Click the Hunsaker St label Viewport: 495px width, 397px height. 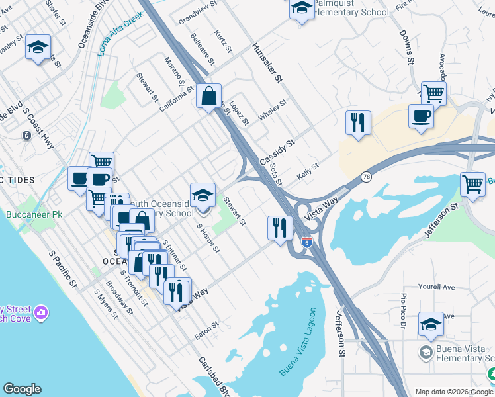[267, 64]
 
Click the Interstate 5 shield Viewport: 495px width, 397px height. [306, 242]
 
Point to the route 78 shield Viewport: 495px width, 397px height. [366, 177]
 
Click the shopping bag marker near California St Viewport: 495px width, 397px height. [209, 97]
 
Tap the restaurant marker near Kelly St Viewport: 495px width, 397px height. [358, 122]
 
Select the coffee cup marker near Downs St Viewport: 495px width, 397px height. [422, 116]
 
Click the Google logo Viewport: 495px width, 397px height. [22, 389]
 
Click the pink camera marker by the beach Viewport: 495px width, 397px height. [42, 312]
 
